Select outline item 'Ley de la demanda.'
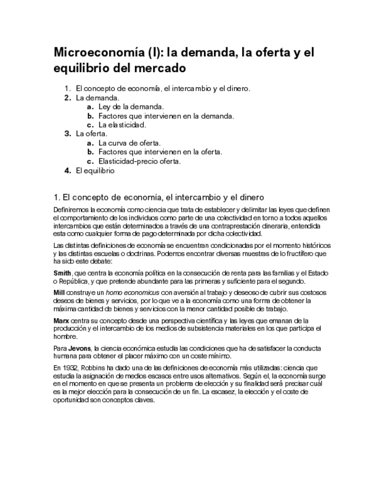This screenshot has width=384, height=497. (131, 107)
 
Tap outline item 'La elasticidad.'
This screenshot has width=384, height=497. (122, 125)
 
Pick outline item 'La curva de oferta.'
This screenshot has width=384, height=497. (129, 143)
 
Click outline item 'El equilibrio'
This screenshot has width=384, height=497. (95, 171)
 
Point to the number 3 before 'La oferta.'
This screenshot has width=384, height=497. (67, 134)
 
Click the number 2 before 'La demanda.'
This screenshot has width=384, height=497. (67, 98)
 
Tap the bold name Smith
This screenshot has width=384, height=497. (62, 273)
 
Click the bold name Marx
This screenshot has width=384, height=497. (60, 321)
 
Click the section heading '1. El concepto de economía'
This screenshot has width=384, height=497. (158, 197)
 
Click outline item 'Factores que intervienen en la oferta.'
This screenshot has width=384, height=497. (160, 152)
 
